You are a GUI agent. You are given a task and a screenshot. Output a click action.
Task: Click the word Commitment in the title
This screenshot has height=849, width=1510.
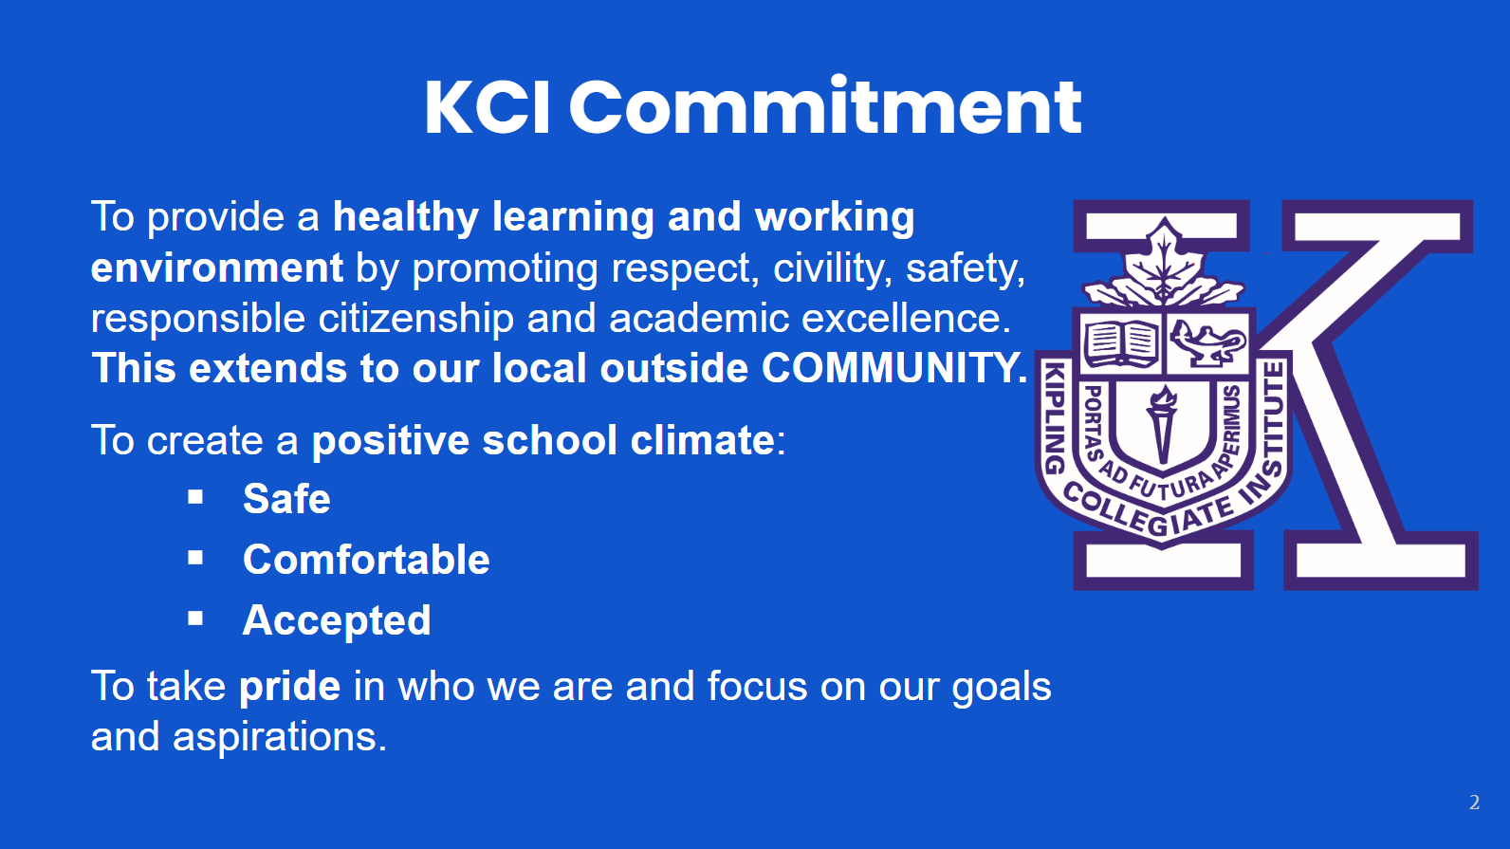826,107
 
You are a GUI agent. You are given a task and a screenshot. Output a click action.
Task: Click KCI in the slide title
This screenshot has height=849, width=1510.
488,107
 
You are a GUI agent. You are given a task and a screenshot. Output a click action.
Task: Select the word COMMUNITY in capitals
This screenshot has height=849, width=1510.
893,368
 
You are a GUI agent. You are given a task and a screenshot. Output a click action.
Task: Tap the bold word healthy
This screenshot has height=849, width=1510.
406,218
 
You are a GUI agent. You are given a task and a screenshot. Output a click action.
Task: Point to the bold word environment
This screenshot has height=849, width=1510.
217,268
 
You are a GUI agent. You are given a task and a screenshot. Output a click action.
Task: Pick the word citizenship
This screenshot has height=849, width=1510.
415,319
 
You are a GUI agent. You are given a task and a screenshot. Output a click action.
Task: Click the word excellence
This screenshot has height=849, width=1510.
906,319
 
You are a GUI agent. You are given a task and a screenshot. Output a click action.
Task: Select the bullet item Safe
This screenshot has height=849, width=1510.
286,499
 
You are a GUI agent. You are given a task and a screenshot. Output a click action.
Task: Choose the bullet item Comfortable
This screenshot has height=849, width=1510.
366,560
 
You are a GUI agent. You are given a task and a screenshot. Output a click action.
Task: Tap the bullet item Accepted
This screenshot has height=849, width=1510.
337,621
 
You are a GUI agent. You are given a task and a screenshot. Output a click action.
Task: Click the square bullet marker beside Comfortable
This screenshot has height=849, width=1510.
195,558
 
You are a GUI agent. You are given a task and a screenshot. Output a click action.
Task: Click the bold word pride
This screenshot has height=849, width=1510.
290,687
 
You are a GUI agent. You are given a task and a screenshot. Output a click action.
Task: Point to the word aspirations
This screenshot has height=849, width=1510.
280,737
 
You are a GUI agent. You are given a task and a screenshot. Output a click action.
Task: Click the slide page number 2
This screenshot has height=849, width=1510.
1474,803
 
